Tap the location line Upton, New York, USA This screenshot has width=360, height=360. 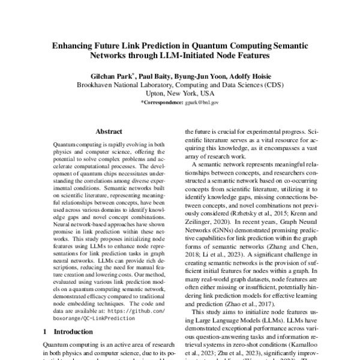click(179, 94)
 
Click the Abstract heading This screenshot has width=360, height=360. click(110, 130)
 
